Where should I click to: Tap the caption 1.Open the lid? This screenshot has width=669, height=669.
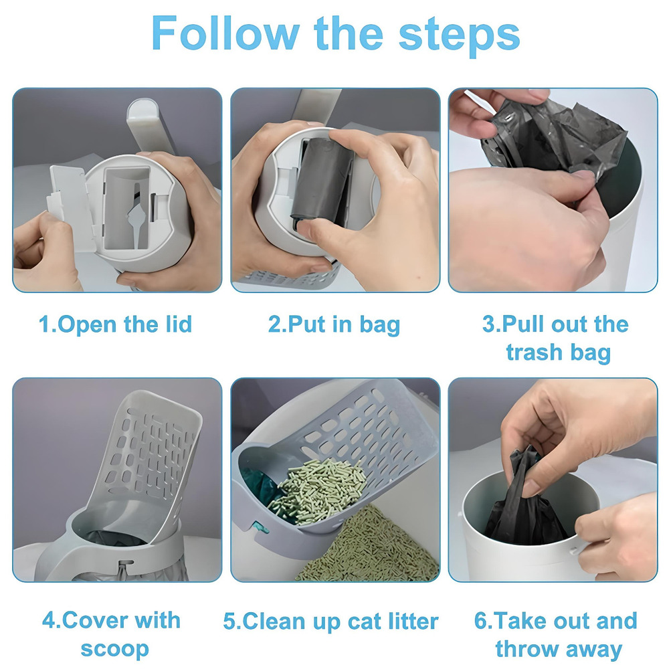pos(115,325)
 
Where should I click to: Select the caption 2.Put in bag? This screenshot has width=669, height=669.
pos(334,325)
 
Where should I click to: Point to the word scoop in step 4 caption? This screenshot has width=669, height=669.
pos(114,648)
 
